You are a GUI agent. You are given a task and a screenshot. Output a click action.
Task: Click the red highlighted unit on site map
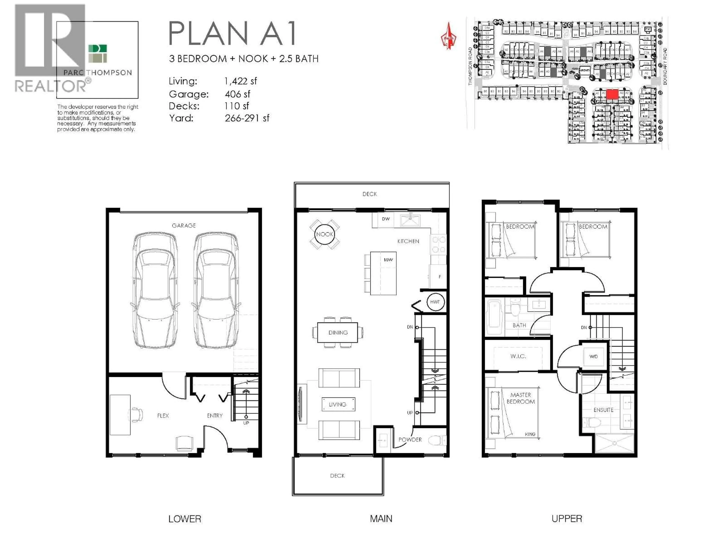612,94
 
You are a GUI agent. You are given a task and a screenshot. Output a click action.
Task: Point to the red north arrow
449,36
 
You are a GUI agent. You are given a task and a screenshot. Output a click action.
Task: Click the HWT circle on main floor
435,302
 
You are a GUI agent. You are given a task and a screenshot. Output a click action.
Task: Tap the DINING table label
338,333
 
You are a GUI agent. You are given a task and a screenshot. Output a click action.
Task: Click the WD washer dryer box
593,356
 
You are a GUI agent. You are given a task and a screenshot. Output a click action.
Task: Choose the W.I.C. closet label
518,356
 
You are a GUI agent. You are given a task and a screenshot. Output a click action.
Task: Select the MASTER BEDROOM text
521,398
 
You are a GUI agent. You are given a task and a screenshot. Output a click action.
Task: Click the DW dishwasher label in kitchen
386,219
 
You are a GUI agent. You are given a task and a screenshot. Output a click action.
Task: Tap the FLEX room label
163,416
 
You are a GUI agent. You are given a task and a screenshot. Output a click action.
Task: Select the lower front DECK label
337,476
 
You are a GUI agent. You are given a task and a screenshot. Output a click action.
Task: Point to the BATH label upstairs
519,325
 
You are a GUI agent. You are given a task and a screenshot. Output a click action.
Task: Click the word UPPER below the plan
567,519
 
